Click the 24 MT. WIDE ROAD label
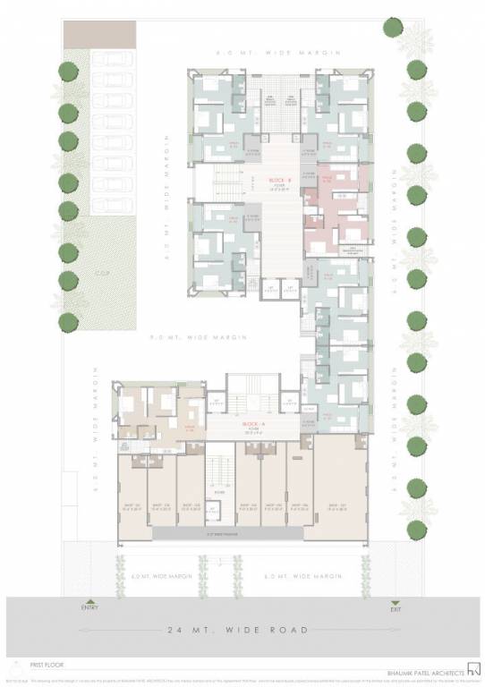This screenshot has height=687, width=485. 243,630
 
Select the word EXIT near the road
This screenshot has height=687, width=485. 396,607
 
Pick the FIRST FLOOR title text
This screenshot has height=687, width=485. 34,665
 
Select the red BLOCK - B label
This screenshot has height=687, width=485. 276,180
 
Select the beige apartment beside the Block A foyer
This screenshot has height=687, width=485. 159,413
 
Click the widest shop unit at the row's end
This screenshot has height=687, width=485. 340,488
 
